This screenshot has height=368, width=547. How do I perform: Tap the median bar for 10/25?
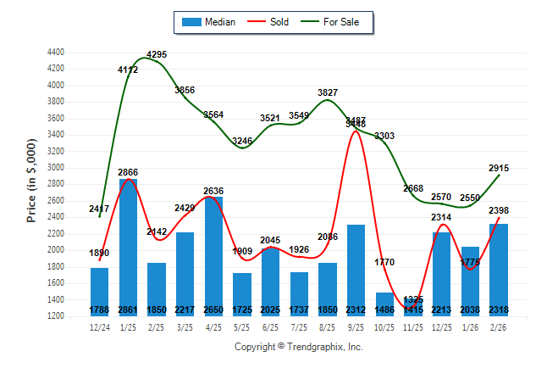click(x=384, y=304)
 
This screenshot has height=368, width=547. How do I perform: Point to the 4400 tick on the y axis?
click(x=55, y=53)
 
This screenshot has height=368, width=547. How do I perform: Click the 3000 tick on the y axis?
click(x=55, y=168)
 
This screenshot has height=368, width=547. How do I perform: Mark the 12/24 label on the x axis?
click(x=99, y=326)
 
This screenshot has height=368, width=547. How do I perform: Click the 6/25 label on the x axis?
click(x=270, y=326)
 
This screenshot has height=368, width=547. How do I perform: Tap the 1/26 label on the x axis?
click(x=469, y=326)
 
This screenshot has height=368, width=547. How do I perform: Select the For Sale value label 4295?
click(x=157, y=55)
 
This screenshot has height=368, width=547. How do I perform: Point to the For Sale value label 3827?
click(x=328, y=92)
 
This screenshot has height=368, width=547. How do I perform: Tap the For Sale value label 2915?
click(x=498, y=168)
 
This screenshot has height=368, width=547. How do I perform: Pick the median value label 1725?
click(x=242, y=310)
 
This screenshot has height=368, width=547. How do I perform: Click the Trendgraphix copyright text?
click(x=298, y=347)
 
